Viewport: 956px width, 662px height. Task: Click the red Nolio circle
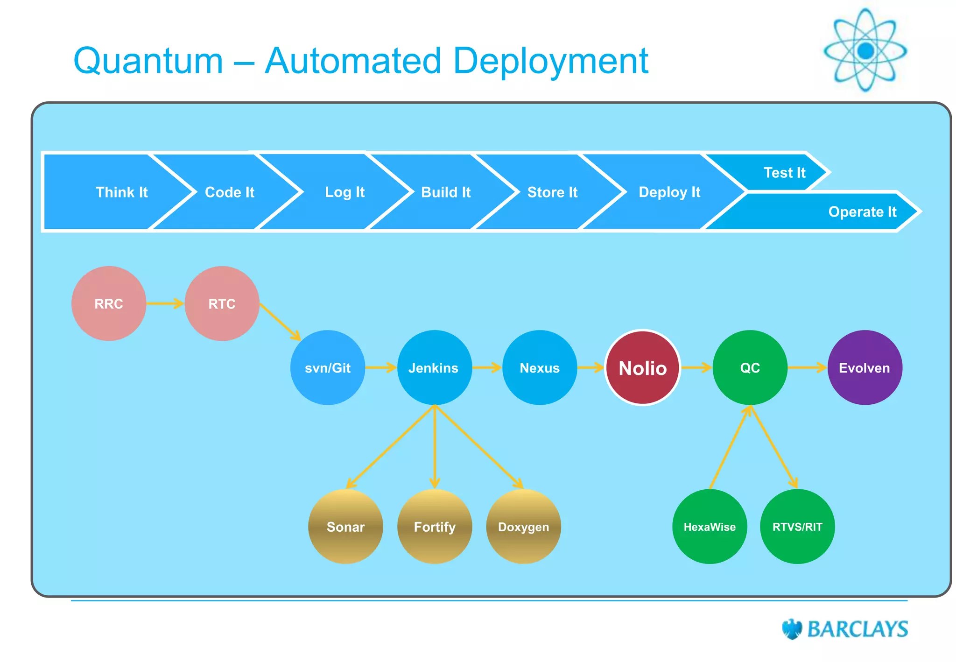[642, 368]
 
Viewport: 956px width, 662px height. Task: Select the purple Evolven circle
[865, 368]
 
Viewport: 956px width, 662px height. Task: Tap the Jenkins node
[434, 368]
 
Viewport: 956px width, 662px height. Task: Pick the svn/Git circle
[328, 368]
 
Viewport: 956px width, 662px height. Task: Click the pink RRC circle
[109, 303]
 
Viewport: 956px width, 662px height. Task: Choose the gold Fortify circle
[435, 527]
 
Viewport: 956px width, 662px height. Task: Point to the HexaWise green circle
[710, 527]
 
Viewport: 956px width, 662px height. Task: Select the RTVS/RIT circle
[797, 527]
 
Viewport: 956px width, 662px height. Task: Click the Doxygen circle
[523, 527]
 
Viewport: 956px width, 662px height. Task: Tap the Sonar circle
[345, 527]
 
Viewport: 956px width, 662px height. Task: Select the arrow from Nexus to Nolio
[591, 368]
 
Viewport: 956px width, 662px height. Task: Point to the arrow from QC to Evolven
[807, 368]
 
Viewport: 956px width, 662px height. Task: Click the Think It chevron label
[121, 192]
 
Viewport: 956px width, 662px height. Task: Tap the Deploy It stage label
[669, 192]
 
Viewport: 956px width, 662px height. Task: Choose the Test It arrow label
[784, 173]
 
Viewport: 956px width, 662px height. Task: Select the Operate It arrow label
[862, 212]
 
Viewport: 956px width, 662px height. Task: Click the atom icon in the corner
[865, 50]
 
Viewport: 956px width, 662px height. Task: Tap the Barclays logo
[845, 629]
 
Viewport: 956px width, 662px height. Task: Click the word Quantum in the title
[148, 61]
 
